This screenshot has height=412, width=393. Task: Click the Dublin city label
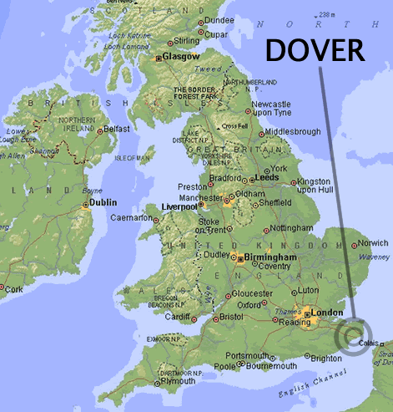(104, 202)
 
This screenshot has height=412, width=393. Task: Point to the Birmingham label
(271, 258)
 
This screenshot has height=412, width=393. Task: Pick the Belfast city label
(118, 130)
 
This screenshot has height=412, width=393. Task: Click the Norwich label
(372, 244)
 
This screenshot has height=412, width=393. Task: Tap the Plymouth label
(178, 381)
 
